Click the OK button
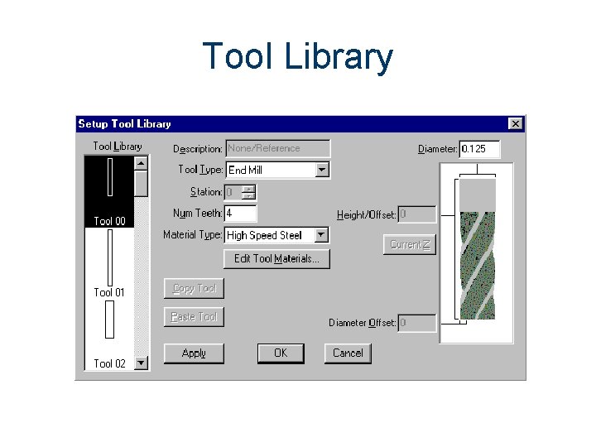pos(281,353)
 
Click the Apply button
pos(194,353)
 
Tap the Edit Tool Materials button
pos(276,259)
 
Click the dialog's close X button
pos(515,123)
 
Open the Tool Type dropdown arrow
pos(322,170)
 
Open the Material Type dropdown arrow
pos(321,235)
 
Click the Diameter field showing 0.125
pos(479,149)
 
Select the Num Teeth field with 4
pos(240,214)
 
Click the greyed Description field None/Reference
pos(277,149)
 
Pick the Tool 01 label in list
pos(109,292)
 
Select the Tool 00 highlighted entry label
pos(109,221)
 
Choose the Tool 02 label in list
pos(109,363)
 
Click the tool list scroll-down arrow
pos(141,363)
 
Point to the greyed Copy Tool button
pos(194,289)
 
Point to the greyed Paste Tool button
pos(194,317)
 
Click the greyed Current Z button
pos(409,244)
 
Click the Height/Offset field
pos(416,214)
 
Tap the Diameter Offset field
pos(416,323)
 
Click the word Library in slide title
pos(338,58)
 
